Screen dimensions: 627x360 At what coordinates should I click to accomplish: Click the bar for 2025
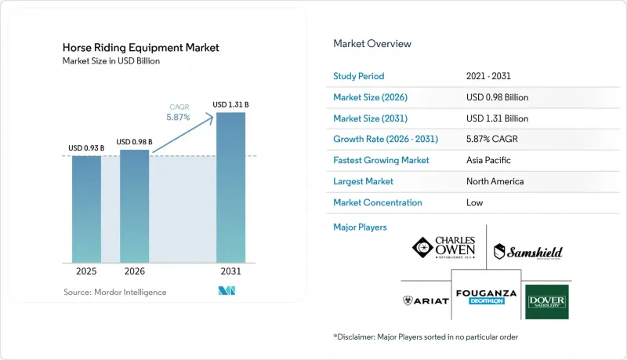(x=86, y=209)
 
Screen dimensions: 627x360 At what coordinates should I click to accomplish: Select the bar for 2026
(x=134, y=206)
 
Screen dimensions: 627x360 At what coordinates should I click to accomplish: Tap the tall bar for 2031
(x=230, y=187)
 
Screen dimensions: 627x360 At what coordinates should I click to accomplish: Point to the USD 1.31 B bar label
(x=230, y=105)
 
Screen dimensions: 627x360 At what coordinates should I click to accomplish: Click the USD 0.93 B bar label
(x=86, y=148)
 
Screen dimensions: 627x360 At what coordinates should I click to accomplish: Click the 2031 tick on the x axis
(x=230, y=271)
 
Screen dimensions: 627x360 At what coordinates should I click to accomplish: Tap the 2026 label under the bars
(x=134, y=271)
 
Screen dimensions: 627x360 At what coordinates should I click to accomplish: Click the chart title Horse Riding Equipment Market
(x=141, y=48)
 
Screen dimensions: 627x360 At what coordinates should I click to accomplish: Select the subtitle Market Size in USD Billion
(x=111, y=61)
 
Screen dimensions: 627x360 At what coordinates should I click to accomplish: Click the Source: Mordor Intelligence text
(x=114, y=292)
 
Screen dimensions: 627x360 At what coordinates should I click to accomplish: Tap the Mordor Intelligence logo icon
(x=227, y=291)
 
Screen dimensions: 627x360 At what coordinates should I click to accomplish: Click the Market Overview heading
(x=372, y=44)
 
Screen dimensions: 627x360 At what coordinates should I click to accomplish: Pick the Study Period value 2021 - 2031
(x=488, y=76)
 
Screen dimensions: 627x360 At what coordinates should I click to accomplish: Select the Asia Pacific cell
(x=488, y=160)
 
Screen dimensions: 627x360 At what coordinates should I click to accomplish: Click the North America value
(x=495, y=181)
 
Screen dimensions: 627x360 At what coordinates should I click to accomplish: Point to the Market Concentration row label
(x=378, y=202)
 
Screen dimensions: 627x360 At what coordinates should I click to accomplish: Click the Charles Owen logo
(x=444, y=247)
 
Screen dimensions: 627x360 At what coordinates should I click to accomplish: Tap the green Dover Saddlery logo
(x=546, y=302)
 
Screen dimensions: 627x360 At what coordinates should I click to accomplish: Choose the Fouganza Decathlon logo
(x=486, y=296)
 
